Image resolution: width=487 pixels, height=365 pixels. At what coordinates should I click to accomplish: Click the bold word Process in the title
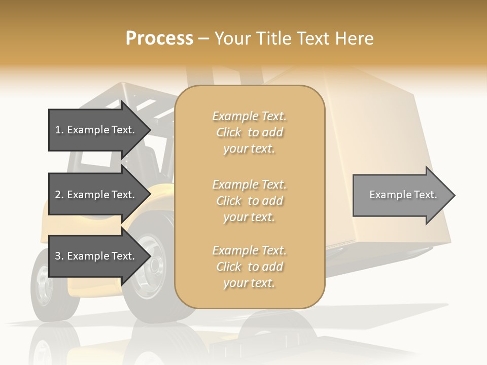[159, 39]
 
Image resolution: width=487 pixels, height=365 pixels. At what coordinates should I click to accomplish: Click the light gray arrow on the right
[401, 195]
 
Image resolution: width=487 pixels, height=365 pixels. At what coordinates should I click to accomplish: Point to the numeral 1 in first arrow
[58, 130]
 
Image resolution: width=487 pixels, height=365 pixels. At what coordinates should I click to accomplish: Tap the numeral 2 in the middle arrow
[58, 195]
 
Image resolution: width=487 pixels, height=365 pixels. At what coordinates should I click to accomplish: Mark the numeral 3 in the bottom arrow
[58, 256]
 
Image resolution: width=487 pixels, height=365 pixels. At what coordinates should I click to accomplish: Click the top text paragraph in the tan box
[249, 132]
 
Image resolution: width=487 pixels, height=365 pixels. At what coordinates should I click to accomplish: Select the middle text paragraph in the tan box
[249, 201]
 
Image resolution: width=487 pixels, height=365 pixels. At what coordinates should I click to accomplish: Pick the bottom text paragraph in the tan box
[249, 267]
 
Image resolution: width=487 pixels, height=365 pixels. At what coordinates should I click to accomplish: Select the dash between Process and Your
[204, 39]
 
